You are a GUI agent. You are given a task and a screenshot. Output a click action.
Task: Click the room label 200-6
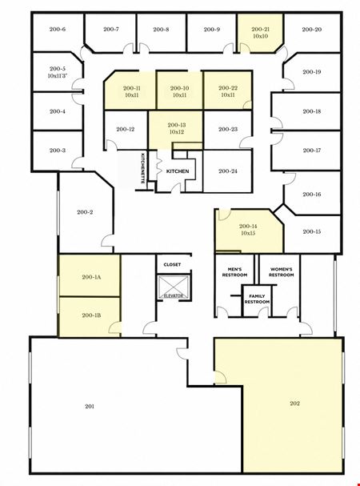pos(58,30)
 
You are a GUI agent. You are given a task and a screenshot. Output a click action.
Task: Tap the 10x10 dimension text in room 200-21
pos(260,36)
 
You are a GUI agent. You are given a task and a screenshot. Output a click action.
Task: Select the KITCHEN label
pos(178,171)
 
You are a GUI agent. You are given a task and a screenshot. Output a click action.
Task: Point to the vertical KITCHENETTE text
pos(143,168)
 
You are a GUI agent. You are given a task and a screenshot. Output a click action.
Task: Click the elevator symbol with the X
pos(174,287)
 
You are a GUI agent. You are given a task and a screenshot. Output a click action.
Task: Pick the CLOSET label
pos(172,264)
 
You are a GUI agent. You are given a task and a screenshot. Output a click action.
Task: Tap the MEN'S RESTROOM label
pos(234,272)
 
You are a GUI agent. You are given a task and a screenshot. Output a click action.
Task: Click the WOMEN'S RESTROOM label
pos(282,272)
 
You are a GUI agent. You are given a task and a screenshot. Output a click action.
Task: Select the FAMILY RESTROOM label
pos(257,299)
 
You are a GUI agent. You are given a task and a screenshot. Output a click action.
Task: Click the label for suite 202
pos(295,404)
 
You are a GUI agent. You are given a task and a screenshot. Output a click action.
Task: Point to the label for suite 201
pos(90,407)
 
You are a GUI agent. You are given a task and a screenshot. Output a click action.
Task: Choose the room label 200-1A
pos(91,277)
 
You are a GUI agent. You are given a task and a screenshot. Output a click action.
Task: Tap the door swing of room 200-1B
pos(114,327)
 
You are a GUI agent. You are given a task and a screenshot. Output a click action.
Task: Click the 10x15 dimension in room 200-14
pos(248,233)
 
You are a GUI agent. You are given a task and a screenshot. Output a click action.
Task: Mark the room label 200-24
pos(228,171)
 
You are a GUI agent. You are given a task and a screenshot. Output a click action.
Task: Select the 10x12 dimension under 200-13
pos(177,132)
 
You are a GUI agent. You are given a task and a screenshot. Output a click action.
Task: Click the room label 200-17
pos(312,151)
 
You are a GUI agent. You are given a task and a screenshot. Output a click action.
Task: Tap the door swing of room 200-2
pos(107,241)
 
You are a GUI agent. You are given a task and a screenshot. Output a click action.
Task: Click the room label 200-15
pos(312,231)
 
